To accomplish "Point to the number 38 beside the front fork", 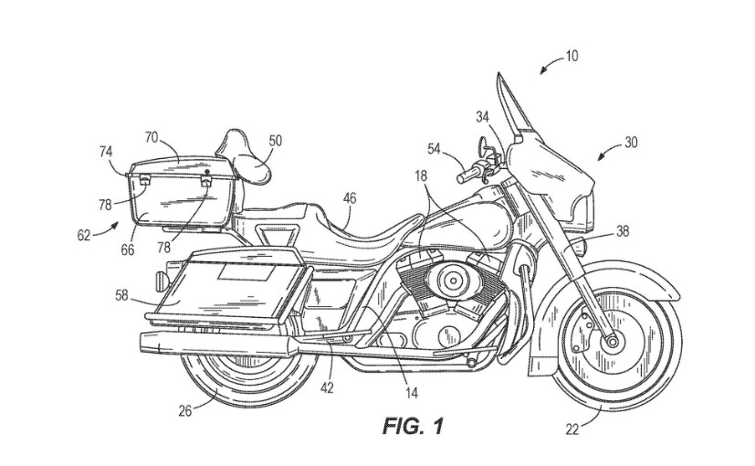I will (622, 232).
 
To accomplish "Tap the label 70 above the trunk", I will (152, 137).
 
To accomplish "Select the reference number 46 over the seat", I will (350, 196).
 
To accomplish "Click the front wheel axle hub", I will (609, 341).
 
